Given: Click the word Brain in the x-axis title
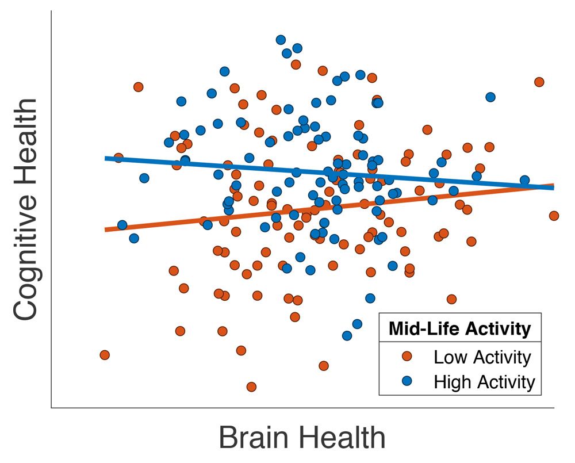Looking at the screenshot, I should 255,438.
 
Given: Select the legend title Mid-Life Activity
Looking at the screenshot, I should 459,329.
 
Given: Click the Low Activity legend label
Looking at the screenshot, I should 482,357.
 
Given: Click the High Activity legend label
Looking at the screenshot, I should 484,381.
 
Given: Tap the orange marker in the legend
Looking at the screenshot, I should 408,357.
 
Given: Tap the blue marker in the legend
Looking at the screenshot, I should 408,381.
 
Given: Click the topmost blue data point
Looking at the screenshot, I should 281,40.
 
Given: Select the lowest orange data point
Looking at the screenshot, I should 251,387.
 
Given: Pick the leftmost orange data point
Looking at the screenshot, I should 105,355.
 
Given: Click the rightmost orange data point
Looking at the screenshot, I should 554,216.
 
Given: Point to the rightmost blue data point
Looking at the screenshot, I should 524,181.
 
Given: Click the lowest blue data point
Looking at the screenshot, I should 347,335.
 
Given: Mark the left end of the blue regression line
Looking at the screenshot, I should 106,158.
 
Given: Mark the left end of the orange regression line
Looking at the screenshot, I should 106,229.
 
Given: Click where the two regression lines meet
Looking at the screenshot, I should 551,186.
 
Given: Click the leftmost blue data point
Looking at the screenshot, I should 122,225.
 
